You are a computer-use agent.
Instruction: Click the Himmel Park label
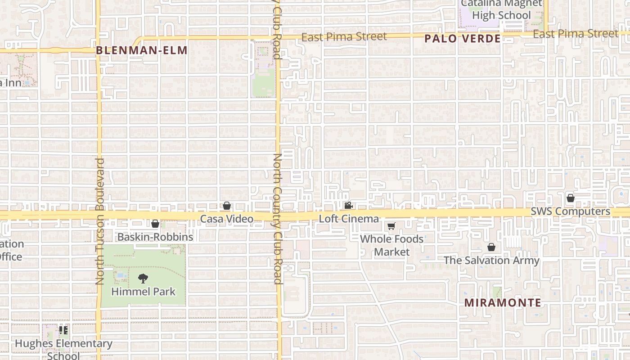pyautogui.click(x=143, y=292)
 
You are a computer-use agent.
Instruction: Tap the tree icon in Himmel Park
pyautogui.click(x=143, y=279)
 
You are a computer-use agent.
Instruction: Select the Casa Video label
pyautogui.click(x=226, y=219)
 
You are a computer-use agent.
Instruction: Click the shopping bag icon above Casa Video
pyautogui.click(x=227, y=206)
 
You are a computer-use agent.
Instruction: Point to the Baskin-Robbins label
pyautogui.click(x=155, y=237)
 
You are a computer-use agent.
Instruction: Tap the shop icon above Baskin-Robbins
pyautogui.click(x=155, y=224)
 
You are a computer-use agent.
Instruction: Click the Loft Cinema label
pyautogui.click(x=349, y=219)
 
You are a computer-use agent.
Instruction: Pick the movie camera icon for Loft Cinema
pyautogui.click(x=348, y=206)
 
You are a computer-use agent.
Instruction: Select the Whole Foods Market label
pyautogui.click(x=392, y=245)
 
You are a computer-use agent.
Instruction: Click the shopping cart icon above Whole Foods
pyautogui.click(x=391, y=226)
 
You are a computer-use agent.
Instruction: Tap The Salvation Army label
pyautogui.click(x=491, y=260)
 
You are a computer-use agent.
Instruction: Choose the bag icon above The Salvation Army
pyautogui.click(x=491, y=247)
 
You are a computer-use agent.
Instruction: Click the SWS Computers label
pyautogui.click(x=570, y=211)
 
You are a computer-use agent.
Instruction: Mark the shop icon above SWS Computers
pyautogui.click(x=571, y=198)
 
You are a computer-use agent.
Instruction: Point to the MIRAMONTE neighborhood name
pyautogui.click(x=503, y=302)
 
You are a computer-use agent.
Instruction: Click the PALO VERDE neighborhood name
pyautogui.click(x=463, y=39)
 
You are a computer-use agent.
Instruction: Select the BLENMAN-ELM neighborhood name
pyautogui.click(x=141, y=50)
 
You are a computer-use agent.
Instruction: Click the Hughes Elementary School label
pyautogui.click(x=63, y=349)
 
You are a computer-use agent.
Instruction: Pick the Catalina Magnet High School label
pyautogui.click(x=501, y=9)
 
